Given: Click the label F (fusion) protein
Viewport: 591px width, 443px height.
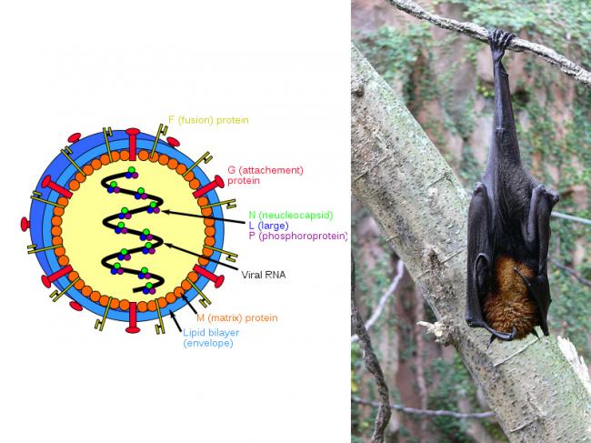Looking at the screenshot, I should pos(208,120).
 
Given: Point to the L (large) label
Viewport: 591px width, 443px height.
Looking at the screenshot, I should pos(271,226).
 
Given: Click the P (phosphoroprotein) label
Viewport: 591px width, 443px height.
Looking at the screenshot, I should pos(297,237).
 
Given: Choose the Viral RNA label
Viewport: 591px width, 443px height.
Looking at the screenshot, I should pos(264,275).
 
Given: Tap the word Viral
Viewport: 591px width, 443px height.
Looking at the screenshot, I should pos(252,275).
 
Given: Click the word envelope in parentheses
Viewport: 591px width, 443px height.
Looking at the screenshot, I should pos(208,344).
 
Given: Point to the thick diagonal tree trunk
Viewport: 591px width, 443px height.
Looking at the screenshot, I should pos(427,227).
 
